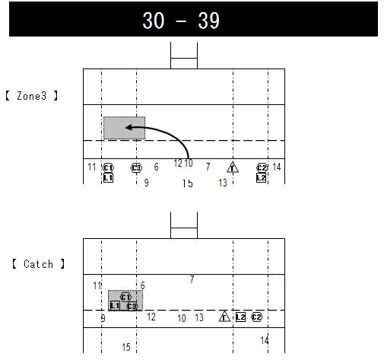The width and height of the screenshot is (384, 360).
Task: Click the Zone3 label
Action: click(x=37, y=97)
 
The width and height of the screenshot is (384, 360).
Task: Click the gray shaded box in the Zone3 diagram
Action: click(x=124, y=128)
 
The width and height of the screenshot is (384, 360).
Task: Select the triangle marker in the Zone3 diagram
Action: click(x=233, y=167)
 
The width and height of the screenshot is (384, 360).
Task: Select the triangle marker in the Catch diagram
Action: click(x=224, y=317)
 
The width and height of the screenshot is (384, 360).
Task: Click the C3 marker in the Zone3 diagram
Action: click(x=136, y=167)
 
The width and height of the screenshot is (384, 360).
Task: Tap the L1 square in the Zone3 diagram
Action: click(x=108, y=177)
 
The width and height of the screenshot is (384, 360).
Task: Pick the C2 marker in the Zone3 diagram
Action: click(x=262, y=167)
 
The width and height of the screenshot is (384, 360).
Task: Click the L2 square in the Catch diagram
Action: click(x=240, y=317)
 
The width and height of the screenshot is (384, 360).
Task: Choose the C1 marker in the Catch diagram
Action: click(x=126, y=297)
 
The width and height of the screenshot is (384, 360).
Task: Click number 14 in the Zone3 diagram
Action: click(x=277, y=167)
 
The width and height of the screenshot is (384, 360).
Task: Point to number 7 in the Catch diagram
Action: click(x=192, y=280)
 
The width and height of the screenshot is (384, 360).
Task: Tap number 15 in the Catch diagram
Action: click(x=126, y=347)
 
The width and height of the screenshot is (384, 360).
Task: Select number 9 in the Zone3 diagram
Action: click(x=146, y=183)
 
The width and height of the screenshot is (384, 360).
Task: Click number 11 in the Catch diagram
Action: click(x=97, y=285)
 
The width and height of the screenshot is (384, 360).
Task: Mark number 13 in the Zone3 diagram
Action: click(x=223, y=183)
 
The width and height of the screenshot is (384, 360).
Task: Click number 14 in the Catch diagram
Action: click(x=265, y=340)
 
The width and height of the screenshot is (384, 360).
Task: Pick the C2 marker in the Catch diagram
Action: click(x=257, y=317)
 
